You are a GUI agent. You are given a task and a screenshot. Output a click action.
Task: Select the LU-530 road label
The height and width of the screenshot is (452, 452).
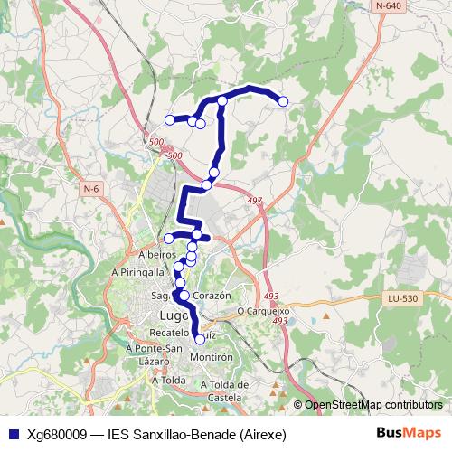pyautogui.click(x=402, y=297)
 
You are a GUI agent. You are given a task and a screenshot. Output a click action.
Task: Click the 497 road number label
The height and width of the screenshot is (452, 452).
pyautogui.click(x=254, y=201)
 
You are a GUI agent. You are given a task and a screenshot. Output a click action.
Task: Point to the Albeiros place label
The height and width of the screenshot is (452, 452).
pyautogui.click(x=156, y=255)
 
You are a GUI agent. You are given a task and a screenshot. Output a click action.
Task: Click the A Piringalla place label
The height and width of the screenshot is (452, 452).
pyautogui.click(x=138, y=271)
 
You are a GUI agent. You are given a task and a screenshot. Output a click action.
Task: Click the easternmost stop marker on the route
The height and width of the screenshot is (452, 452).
pyautogui.click(x=283, y=101)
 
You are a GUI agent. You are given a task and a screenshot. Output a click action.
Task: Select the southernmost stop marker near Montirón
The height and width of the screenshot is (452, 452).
pyautogui.click(x=200, y=340)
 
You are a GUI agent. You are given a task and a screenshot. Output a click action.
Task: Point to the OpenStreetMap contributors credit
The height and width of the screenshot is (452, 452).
pyautogui.click(x=373, y=404)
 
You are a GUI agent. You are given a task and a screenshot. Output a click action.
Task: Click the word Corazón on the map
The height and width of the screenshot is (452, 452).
pyautogui.click(x=213, y=296)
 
